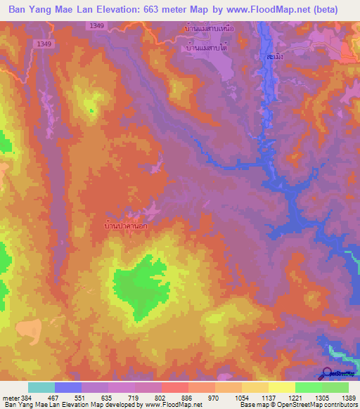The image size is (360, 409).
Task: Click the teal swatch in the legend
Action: pos(41,387)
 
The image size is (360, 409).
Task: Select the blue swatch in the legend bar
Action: pos(68,387)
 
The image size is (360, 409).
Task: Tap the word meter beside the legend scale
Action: pos(9,398)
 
